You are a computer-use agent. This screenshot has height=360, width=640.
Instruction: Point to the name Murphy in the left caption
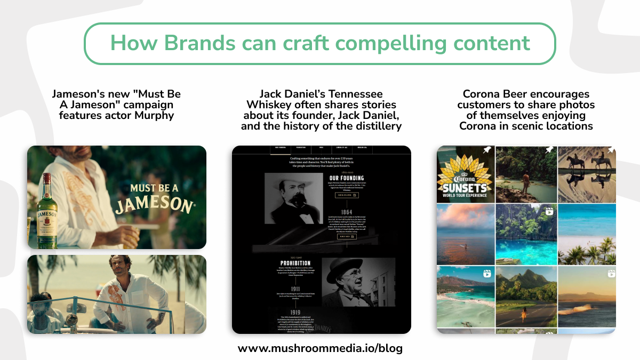tap(156, 115)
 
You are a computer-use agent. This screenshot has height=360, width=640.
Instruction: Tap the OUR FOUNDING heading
tap(347, 178)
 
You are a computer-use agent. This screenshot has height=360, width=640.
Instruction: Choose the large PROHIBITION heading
tap(295, 263)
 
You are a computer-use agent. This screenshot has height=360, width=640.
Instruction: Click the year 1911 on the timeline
tap(295, 289)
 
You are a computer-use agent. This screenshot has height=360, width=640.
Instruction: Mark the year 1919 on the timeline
tap(295, 313)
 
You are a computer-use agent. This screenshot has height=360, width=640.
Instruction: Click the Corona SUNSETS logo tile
tap(465, 174)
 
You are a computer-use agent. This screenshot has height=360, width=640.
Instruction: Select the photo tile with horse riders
tap(587, 174)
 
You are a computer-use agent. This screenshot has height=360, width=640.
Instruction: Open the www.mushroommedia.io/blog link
tap(320, 349)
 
